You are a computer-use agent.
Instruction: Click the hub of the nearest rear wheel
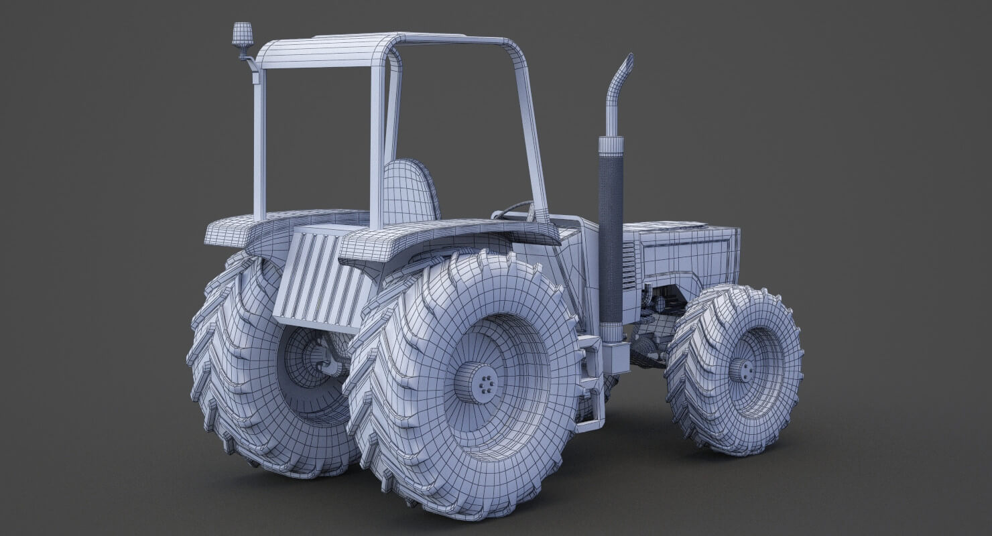(477, 383)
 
